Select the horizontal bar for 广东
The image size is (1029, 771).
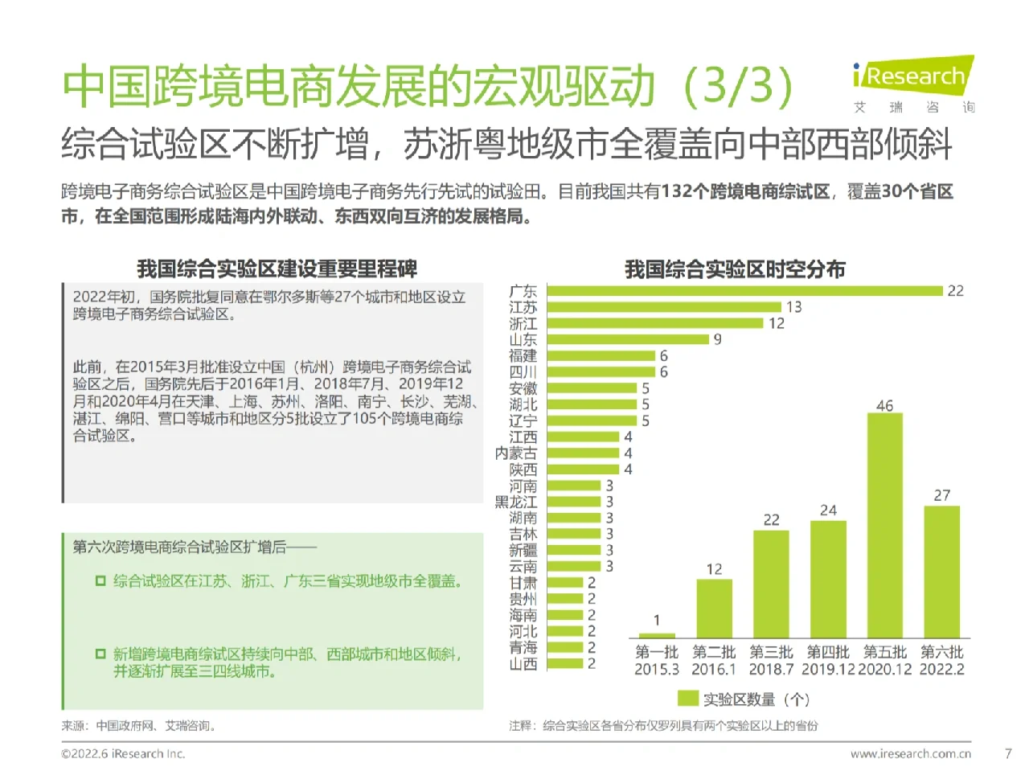tap(744, 291)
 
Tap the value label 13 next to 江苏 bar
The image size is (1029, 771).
tap(793, 307)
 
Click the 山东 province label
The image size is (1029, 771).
tap(523, 339)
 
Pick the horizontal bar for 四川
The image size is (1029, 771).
tap(601, 372)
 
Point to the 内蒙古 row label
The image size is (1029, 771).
tap(516, 453)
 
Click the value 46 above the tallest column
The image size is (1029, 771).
tap(884, 405)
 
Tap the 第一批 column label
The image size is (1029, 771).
tap(657, 652)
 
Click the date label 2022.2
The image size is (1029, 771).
tap(941, 670)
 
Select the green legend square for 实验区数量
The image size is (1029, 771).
tap(687, 699)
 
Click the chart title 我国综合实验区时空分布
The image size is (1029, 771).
tap(735, 269)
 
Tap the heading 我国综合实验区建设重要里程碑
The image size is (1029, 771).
tap(277, 269)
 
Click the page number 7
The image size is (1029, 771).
tap(1008, 753)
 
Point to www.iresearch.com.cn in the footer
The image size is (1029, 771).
tap(910, 754)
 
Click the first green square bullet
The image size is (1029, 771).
tap(100, 580)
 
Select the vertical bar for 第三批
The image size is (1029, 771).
tap(771, 584)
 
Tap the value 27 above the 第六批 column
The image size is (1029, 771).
tap(941, 495)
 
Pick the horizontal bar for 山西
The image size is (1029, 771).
tap(564, 664)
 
